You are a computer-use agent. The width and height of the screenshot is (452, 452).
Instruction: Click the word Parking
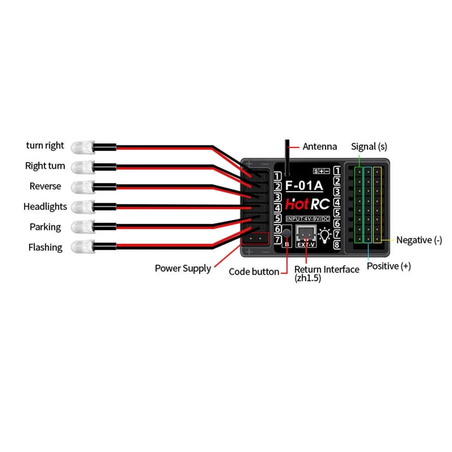[x=45, y=227]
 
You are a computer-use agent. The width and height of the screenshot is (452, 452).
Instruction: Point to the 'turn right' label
[x=45, y=145]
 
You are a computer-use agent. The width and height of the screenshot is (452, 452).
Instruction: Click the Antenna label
[x=320, y=146]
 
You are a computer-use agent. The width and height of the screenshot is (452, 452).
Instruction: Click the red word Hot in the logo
[x=297, y=205]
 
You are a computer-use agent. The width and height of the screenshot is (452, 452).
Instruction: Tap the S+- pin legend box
[x=322, y=171]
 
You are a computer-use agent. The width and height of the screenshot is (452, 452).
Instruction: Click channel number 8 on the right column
[x=336, y=246]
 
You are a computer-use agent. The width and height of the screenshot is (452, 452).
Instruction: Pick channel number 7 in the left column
[x=278, y=240]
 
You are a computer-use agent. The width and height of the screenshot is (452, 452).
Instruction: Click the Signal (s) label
[x=369, y=146]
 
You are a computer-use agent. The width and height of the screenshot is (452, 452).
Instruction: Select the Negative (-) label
[x=419, y=240]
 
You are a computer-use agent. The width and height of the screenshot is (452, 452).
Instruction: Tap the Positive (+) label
[x=388, y=266]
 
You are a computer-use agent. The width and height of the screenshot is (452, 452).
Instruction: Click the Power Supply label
[x=183, y=268]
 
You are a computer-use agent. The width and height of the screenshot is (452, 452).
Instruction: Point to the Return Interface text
[x=327, y=270]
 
